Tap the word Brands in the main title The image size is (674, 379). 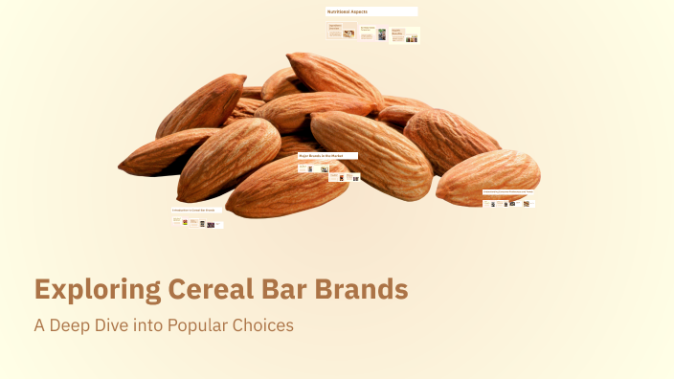[352, 289]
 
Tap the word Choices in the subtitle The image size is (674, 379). [264, 324]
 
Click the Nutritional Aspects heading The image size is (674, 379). [348, 11]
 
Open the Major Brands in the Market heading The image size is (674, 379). [321, 155]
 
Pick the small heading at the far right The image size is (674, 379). [507, 191]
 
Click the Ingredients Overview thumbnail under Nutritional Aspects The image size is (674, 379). [341, 31]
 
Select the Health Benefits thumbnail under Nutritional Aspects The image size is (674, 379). [405, 35]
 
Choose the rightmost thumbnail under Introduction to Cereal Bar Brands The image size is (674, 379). [218, 225]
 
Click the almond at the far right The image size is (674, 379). [487, 176]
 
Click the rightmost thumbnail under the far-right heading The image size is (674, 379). [528, 203]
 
